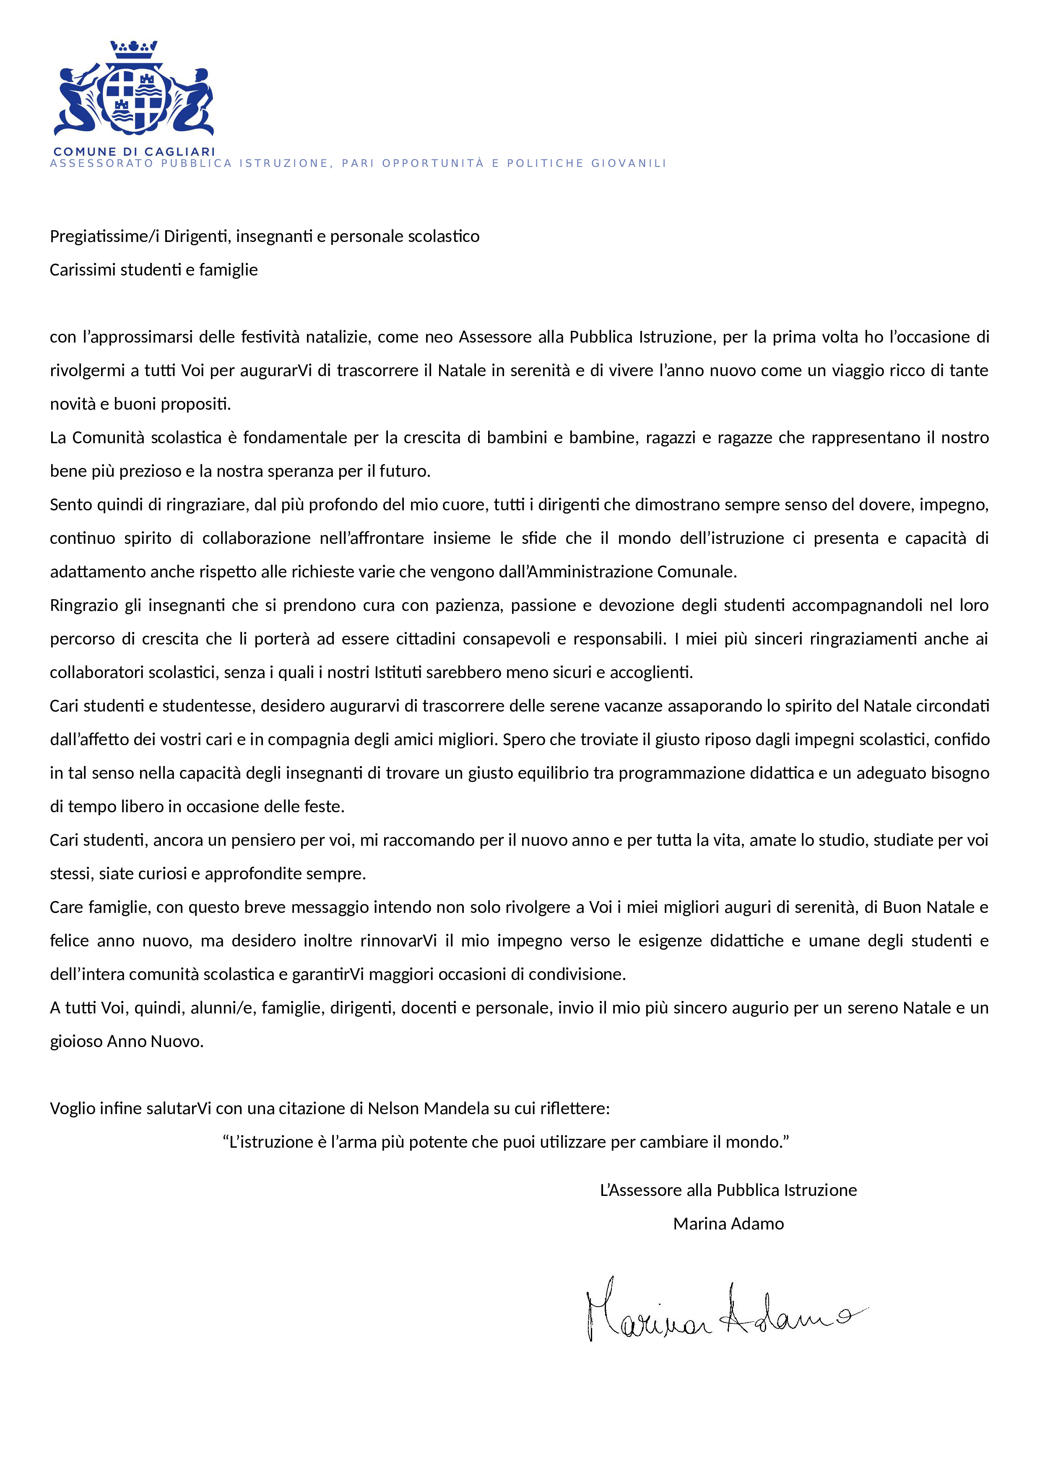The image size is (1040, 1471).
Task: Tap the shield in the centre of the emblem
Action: coord(134,99)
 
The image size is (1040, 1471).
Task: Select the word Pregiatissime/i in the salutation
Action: coord(104,237)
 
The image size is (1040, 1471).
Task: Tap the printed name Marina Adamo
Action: coord(728,1224)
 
